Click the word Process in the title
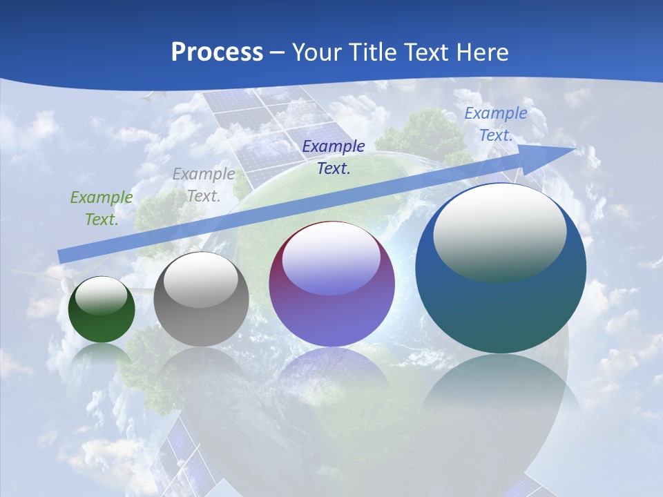(x=217, y=52)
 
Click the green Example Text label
(x=102, y=208)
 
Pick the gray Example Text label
(x=204, y=185)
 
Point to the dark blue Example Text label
(x=334, y=157)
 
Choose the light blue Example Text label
(x=495, y=124)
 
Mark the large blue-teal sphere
(x=501, y=311)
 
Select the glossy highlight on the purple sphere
(x=331, y=259)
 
